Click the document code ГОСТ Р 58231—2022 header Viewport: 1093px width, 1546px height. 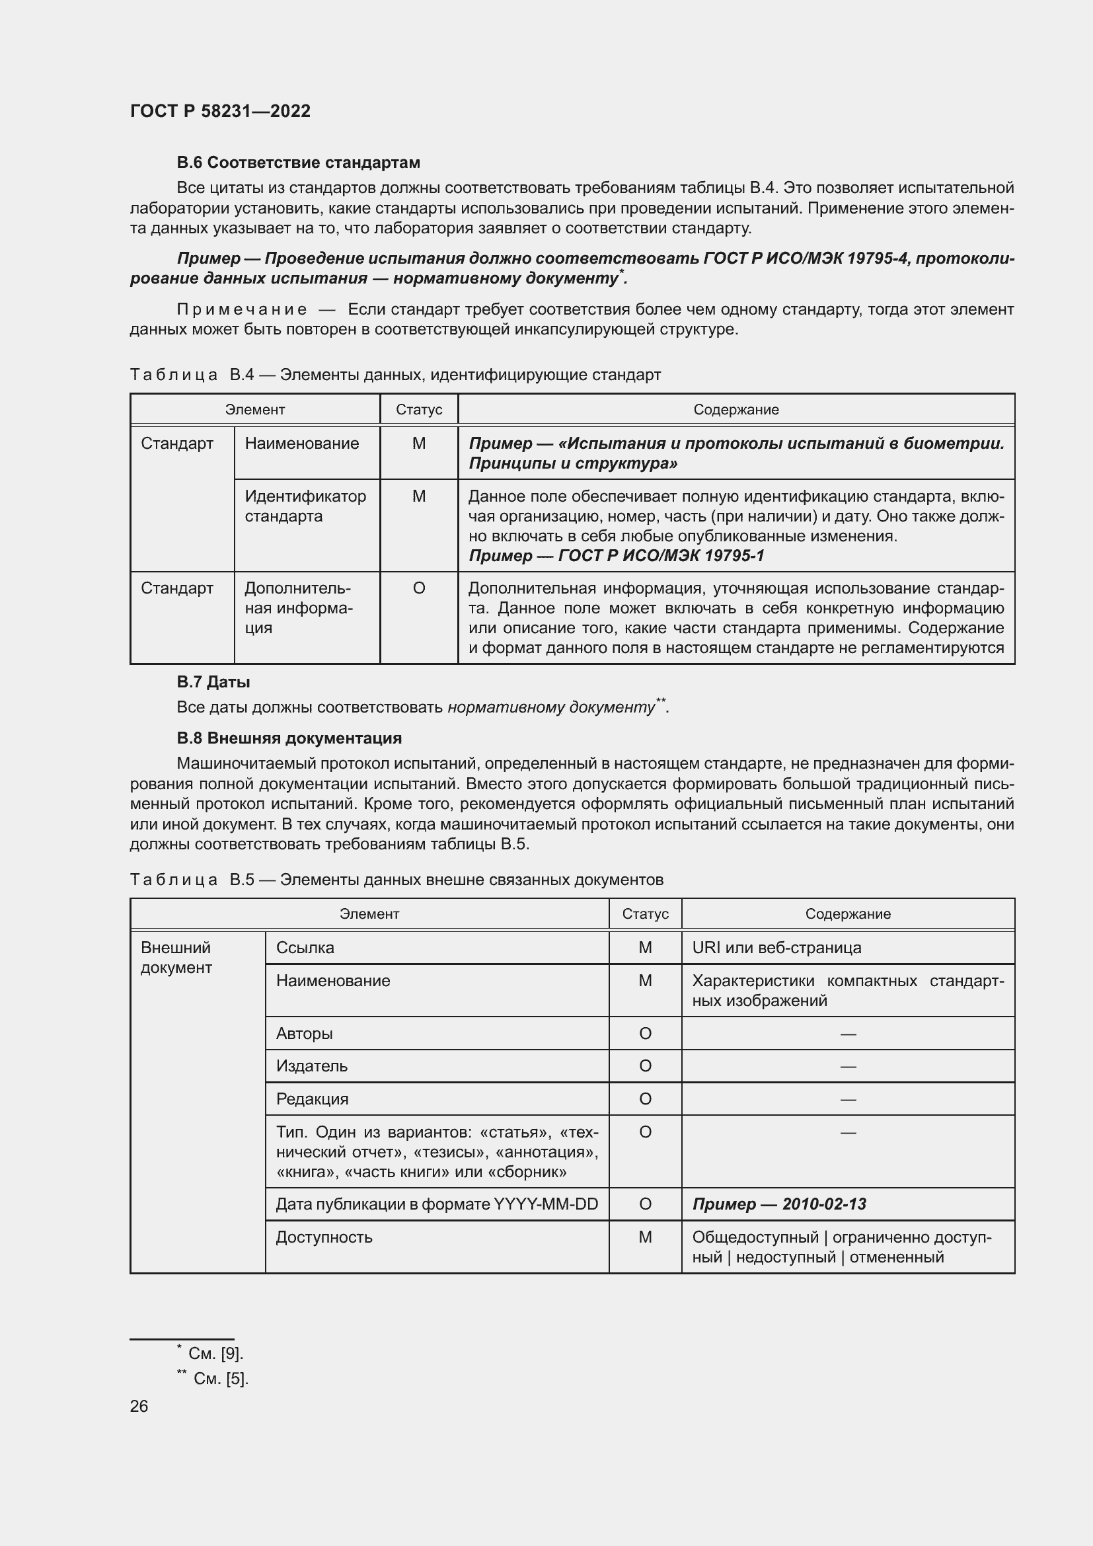pyautogui.click(x=220, y=111)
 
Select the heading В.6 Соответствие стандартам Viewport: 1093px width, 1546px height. pyautogui.click(x=298, y=163)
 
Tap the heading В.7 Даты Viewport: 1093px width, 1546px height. pyautogui.click(x=213, y=682)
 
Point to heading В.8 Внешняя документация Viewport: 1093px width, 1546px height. pyautogui.click(x=289, y=738)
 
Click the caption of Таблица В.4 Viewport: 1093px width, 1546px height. pyautogui.click(x=395, y=374)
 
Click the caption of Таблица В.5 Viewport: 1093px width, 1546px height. pyautogui.click(x=396, y=879)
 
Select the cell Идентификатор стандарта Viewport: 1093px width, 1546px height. pyautogui.click(x=305, y=506)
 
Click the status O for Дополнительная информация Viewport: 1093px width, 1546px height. pyautogui.click(x=418, y=588)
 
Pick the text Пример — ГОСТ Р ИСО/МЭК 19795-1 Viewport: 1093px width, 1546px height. pyautogui.click(x=616, y=555)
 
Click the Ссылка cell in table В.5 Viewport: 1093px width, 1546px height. pyautogui.click(x=305, y=947)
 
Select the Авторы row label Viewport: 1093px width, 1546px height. pyautogui.click(x=304, y=1034)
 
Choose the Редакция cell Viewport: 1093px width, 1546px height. pyautogui.click(x=313, y=1099)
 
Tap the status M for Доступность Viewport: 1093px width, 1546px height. pyautogui.click(x=645, y=1237)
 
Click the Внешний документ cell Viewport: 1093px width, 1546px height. pyautogui.click(x=176, y=958)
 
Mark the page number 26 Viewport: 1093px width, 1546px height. pyautogui.click(x=139, y=1406)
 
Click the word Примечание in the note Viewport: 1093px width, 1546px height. pyautogui.click(x=242, y=310)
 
